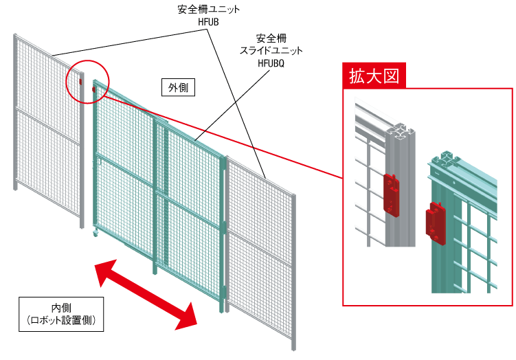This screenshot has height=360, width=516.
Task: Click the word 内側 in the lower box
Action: (61, 307)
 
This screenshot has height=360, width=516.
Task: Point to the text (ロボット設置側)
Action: (61, 321)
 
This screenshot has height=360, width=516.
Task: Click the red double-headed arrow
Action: (146, 293)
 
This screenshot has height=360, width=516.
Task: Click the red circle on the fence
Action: (87, 82)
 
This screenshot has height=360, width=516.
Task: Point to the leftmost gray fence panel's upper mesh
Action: (41, 76)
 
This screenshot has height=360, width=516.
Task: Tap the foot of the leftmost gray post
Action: (15, 186)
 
